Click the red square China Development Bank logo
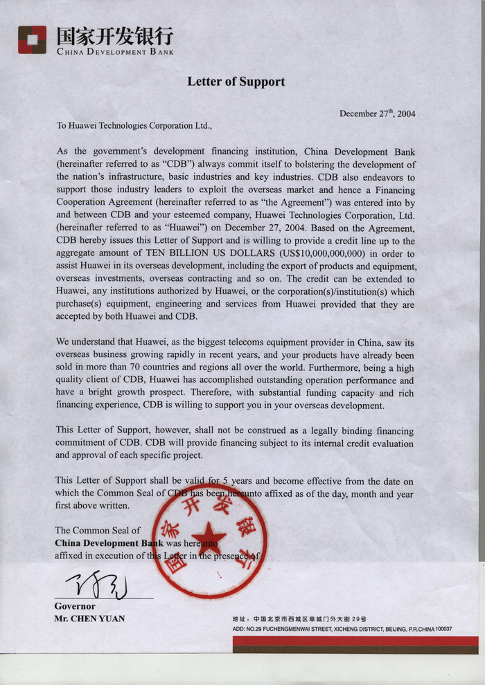pyautogui.click(x=32, y=39)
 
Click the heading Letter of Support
pyautogui.click(x=236, y=82)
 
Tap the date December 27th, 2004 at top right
pyautogui.click(x=377, y=113)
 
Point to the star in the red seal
pyautogui.click(x=209, y=538)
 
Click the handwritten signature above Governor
pyautogui.click(x=96, y=586)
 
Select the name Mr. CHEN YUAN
pyautogui.click(x=89, y=619)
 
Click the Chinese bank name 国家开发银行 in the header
pyautogui.click(x=114, y=36)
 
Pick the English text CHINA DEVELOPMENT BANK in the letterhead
pyautogui.click(x=115, y=52)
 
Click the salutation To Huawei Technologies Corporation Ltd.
pyautogui.click(x=134, y=126)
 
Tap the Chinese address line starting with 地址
pyautogui.click(x=299, y=619)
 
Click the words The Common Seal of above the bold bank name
pyautogui.click(x=98, y=530)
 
